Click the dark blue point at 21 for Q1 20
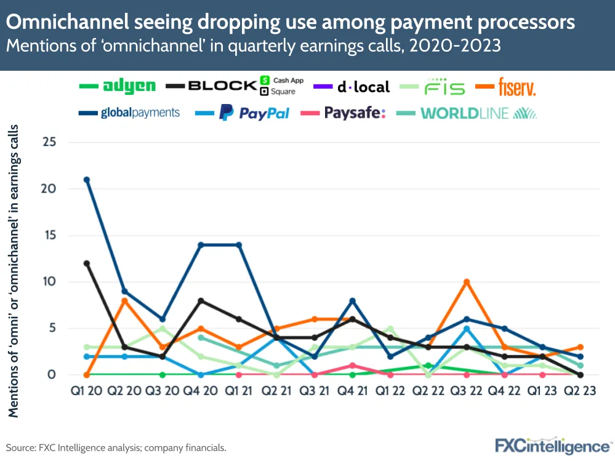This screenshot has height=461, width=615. pos(87,180)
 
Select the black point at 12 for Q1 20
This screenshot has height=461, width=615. pos(87,263)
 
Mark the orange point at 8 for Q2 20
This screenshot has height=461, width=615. pos(124,300)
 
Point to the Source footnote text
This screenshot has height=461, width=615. pos(117,447)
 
